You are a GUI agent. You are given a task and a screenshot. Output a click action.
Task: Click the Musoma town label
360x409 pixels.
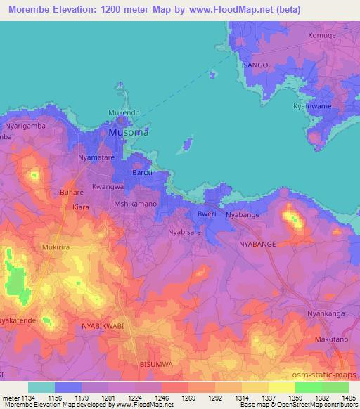[x=129, y=131]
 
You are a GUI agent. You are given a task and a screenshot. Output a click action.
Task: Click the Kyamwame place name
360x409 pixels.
[x=311, y=105]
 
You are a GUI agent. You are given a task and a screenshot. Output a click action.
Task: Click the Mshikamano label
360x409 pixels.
[x=135, y=204]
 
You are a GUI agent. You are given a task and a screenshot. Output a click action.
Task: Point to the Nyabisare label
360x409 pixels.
[x=186, y=230]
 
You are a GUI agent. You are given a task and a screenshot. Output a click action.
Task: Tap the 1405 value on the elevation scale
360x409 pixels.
[x=349, y=397]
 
